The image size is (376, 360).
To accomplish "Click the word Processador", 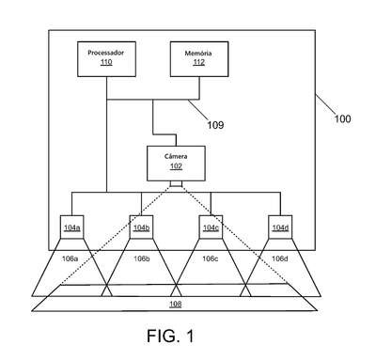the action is (106, 53).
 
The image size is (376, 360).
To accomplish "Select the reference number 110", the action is (106, 62).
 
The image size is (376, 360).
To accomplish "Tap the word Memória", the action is (198, 53).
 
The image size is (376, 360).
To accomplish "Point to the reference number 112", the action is (199, 62).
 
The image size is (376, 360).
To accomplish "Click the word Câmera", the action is (176, 156).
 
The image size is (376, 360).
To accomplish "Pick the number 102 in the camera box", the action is (176, 166).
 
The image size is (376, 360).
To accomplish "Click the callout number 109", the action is (215, 125).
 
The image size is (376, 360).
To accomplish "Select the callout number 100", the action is (342, 118).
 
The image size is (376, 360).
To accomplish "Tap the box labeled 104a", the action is (72, 227).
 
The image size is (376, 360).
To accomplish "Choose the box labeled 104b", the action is (141, 227).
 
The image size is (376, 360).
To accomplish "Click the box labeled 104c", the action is (211, 227).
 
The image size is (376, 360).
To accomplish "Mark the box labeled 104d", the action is (280, 227).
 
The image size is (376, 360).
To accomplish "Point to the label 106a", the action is (70, 258).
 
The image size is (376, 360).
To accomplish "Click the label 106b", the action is (142, 258).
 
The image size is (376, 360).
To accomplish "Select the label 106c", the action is (211, 258).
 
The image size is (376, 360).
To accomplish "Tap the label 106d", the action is (280, 258).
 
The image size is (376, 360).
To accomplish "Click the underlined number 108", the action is (176, 304).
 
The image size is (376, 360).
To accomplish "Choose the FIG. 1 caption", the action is (170, 336).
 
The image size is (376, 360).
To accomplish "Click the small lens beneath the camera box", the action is (176, 183).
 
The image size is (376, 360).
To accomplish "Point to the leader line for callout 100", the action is (325, 103).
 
